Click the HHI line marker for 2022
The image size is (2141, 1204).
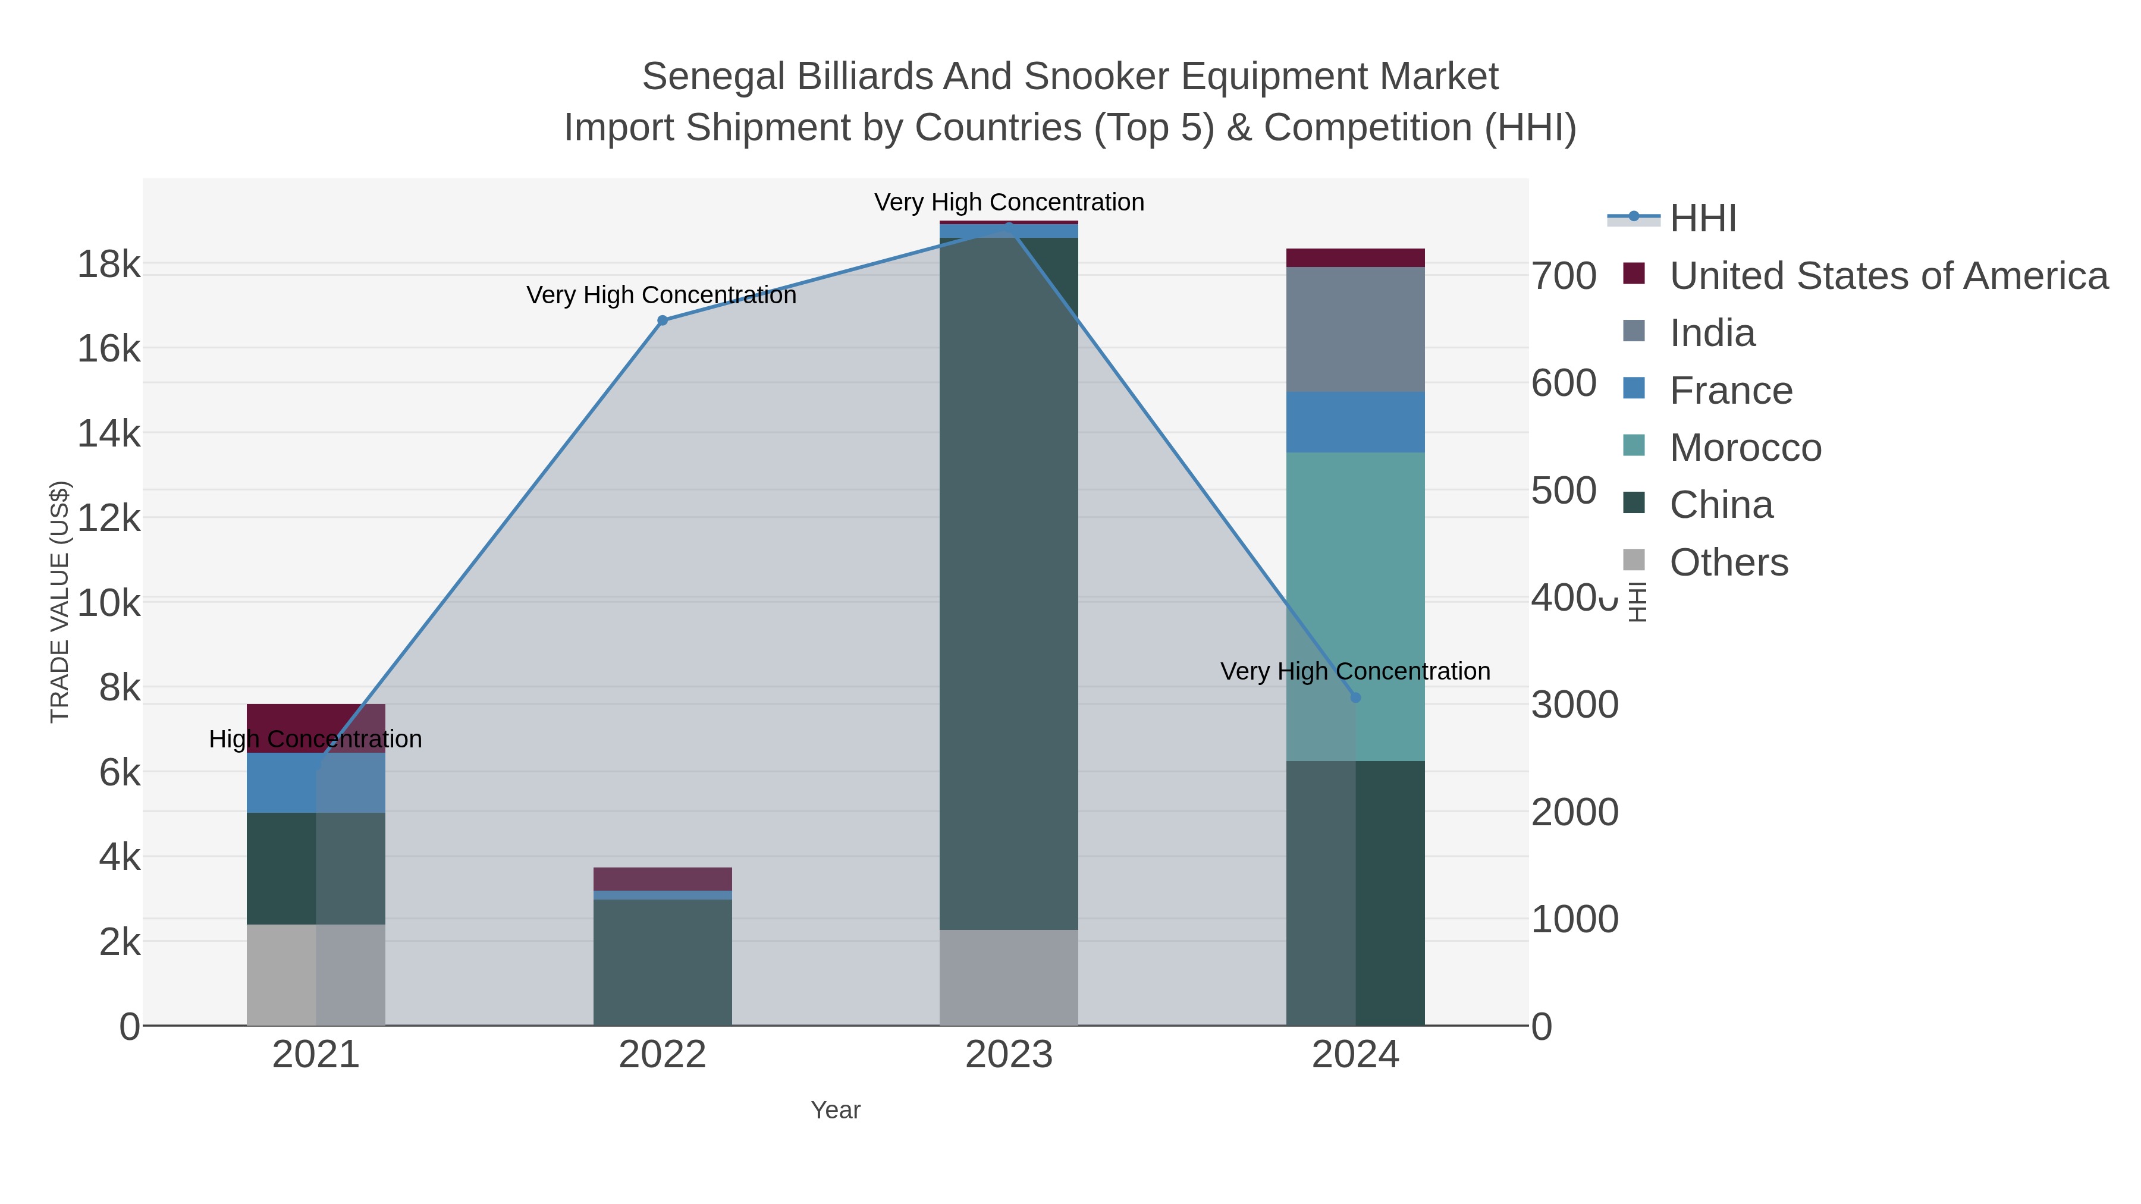point(663,320)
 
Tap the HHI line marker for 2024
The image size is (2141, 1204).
point(1355,697)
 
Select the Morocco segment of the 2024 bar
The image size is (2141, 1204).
point(1355,581)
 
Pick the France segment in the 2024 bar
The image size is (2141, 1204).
point(1355,422)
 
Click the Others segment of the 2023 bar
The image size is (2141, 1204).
point(1008,977)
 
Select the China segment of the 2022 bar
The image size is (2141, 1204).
point(663,962)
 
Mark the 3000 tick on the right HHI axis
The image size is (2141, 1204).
point(1574,705)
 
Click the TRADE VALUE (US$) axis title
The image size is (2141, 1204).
point(60,602)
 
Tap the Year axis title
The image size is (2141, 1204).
point(836,1110)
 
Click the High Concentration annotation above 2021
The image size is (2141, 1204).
point(316,738)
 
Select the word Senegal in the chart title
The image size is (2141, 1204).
point(712,77)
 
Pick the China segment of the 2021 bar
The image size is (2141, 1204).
point(316,868)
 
